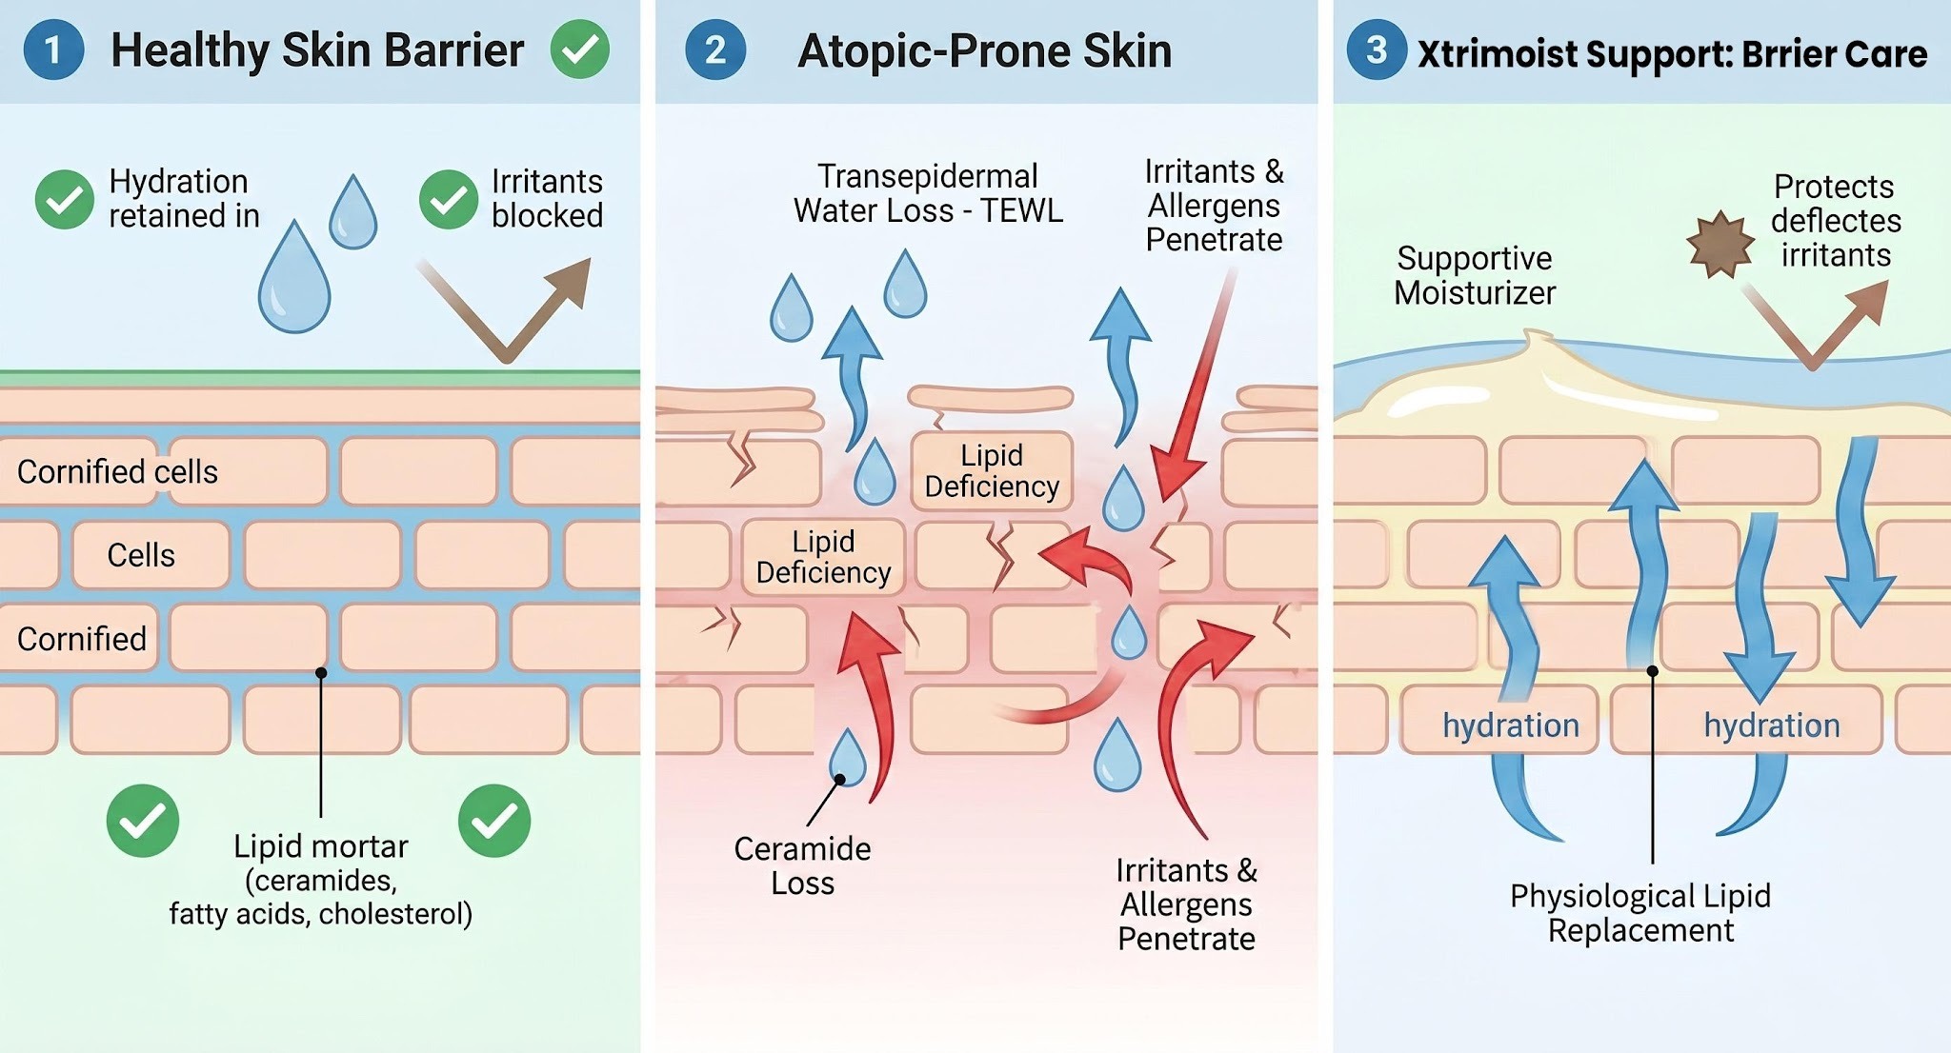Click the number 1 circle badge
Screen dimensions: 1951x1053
pyautogui.click(x=53, y=50)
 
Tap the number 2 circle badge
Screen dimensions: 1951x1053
pyautogui.click(x=714, y=50)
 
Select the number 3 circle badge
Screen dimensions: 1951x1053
pyautogui.click(x=1376, y=50)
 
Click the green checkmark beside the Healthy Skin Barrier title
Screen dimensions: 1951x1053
pyautogui.click(x=580, y=50)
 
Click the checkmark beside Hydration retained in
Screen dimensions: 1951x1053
pyautogui.click(x=65, y=199)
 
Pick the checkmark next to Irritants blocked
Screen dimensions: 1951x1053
pyautogui.click(x=449, y=199)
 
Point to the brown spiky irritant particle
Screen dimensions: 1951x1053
pyautogui.click(x=1720, y=245)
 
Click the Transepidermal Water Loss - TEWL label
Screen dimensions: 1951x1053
pyautogui.click(x=928, y=193)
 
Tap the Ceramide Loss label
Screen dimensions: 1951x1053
pyautogui.click(x=802, y=865)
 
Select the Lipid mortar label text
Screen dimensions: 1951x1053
pyautogui.click(x=321, y=845)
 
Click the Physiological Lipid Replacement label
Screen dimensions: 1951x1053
pyautogui.click(x=1640, y=913)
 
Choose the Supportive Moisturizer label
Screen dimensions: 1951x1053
pyautogui.click(x=1475, y=275)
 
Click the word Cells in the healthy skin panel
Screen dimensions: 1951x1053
pyautogui.click(x=141, y=555)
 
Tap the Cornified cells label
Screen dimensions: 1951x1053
pyautogui.click(x=117, y=471)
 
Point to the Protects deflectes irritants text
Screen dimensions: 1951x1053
pyautogui.click(x=1836, y=221)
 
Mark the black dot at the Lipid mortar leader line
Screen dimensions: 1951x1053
pyautogui.click(x=321, y=672)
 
